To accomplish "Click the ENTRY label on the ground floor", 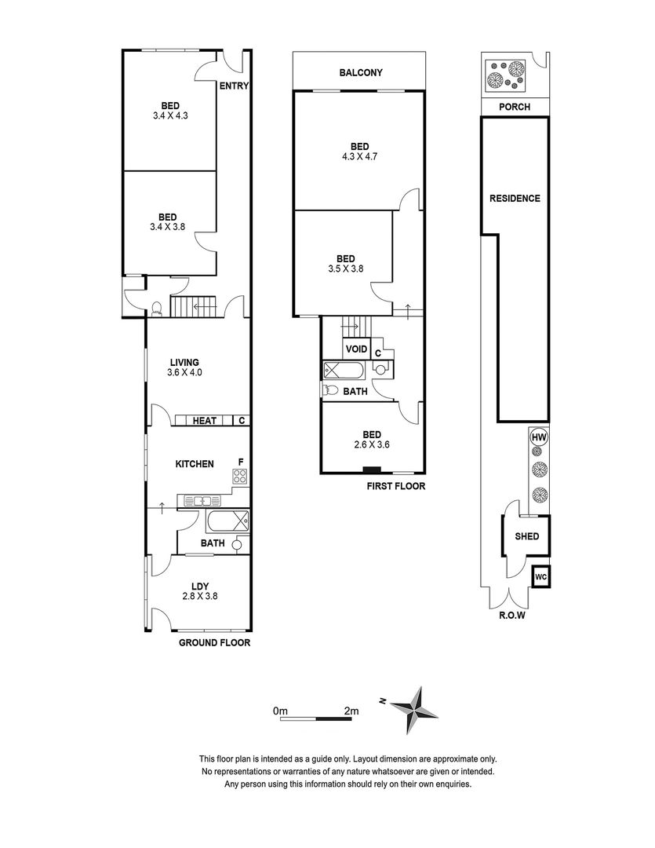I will [x=234, y=86].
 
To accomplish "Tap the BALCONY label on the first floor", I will [x=361, y=73].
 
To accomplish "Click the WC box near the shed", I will [x=540, y=576].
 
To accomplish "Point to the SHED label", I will [x=527, y=537].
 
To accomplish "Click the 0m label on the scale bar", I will [x=281, y=711].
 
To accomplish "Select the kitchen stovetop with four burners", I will [x=240, y=476].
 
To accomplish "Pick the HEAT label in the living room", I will [x=205, y=421].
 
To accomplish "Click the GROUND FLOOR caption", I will [x=214, y=642].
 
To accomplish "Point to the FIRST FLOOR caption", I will [x=395, y=486].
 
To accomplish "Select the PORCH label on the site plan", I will [x=515, y=107].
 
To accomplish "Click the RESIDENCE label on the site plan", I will [x=515, y=198].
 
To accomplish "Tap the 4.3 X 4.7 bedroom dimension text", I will [x=359, y=156].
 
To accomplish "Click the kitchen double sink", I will [x=201, y=500].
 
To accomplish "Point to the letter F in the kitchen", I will [x=242, y=462].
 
